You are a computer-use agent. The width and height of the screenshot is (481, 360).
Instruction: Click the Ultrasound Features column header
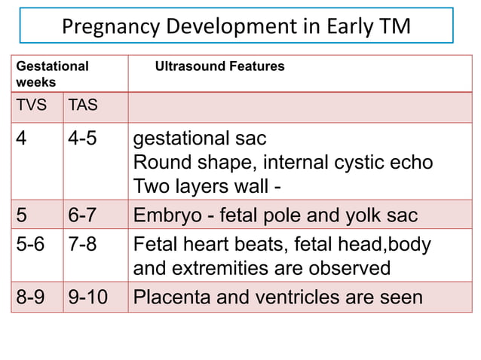pos(219,66)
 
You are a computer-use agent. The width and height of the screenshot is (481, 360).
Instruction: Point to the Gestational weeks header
pos(52,74)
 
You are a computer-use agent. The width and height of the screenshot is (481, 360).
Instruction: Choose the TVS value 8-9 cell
pos(32,297)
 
